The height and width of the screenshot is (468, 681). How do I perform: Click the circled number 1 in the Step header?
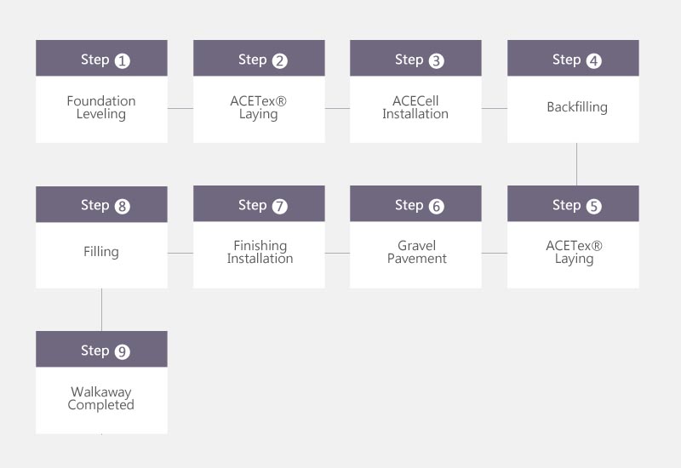(x=122, y=60)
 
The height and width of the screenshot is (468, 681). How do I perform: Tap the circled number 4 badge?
(x=593, y=60)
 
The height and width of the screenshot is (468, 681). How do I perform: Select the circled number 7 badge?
(x=280, y=206)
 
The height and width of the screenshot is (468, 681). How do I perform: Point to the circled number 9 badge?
(x=122, y=351)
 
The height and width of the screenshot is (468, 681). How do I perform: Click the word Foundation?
(x=101, y=101)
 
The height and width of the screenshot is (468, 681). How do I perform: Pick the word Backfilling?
(x=577, y=107)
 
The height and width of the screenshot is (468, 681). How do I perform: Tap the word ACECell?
(x=415, y=101)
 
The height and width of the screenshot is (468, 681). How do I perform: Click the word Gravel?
(x=417, y=246)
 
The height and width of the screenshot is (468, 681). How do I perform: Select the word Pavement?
(x=417, y=259)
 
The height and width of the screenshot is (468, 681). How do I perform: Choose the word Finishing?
(x=260, y=246)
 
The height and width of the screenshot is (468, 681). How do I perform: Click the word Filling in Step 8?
(x=101, y=252)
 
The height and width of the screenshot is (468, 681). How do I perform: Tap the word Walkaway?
(x=101, y=392)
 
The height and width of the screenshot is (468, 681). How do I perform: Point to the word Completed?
(x=101, y=405)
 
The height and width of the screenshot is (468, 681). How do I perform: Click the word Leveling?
(x=101, y=114)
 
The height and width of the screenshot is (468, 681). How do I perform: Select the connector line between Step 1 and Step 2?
(x=180, y=109)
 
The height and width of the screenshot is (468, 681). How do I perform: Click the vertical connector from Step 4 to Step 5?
(x=577, y=164)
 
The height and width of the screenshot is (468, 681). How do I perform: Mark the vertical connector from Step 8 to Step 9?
(x=101, y=310)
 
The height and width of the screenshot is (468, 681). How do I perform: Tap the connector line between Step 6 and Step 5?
(x=495, y=253)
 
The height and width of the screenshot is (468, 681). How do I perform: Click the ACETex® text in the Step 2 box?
(x=259, y=101)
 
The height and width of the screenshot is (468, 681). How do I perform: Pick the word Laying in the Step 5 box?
(x=574, y=260)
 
